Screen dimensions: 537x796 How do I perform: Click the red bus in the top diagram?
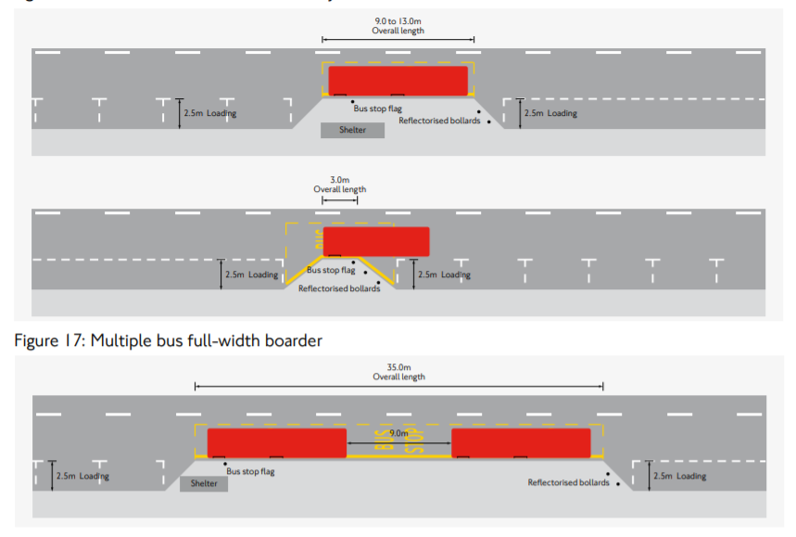click(398, 80)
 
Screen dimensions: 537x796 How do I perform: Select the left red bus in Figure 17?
click(276, 442)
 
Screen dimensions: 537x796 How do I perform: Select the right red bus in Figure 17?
click(521, 442)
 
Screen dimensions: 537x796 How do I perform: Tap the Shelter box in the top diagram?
click(352, 130)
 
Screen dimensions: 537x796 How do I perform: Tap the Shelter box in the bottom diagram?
click(204, 483)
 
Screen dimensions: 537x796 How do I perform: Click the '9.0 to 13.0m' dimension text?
click(398, 19)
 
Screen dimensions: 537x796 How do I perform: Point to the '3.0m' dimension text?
click(339, 179)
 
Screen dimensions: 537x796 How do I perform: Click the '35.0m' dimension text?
click(398, 366)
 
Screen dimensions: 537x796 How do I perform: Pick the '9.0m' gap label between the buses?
click(398, 433)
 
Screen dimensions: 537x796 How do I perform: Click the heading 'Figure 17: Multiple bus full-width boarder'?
click(169, 340)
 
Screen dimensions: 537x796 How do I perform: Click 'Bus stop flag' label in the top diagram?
click(377, 109)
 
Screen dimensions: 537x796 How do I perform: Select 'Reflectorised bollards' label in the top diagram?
click(439, 121)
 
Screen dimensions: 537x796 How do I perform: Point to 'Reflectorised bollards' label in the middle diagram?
click(339, 288)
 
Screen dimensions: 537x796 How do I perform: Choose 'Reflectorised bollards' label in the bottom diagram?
click(568, 482)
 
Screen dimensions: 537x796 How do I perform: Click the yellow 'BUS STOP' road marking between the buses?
click(398, 443)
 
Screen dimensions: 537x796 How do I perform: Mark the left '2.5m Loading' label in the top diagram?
click(211, 113)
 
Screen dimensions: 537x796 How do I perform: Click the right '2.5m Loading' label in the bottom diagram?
click(679, 476)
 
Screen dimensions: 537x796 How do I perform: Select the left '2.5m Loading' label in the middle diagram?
click(251, 275)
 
